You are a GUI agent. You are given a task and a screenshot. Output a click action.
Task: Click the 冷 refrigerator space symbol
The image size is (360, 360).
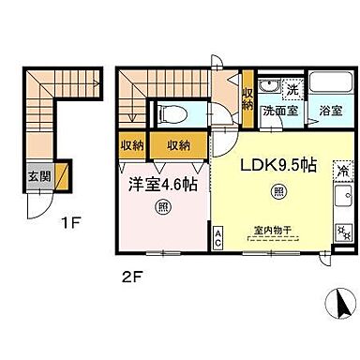tap(342, 172)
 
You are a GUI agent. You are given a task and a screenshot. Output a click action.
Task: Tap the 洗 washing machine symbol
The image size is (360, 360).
tap(292, 91)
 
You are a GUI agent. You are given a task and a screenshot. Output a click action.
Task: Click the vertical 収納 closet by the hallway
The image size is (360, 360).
tap(247, 99)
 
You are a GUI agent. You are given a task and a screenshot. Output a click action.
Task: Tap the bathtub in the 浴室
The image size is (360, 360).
tap(327, 87)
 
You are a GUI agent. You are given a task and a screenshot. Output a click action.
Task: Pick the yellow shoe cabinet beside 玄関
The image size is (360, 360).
tap(62, 175)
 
